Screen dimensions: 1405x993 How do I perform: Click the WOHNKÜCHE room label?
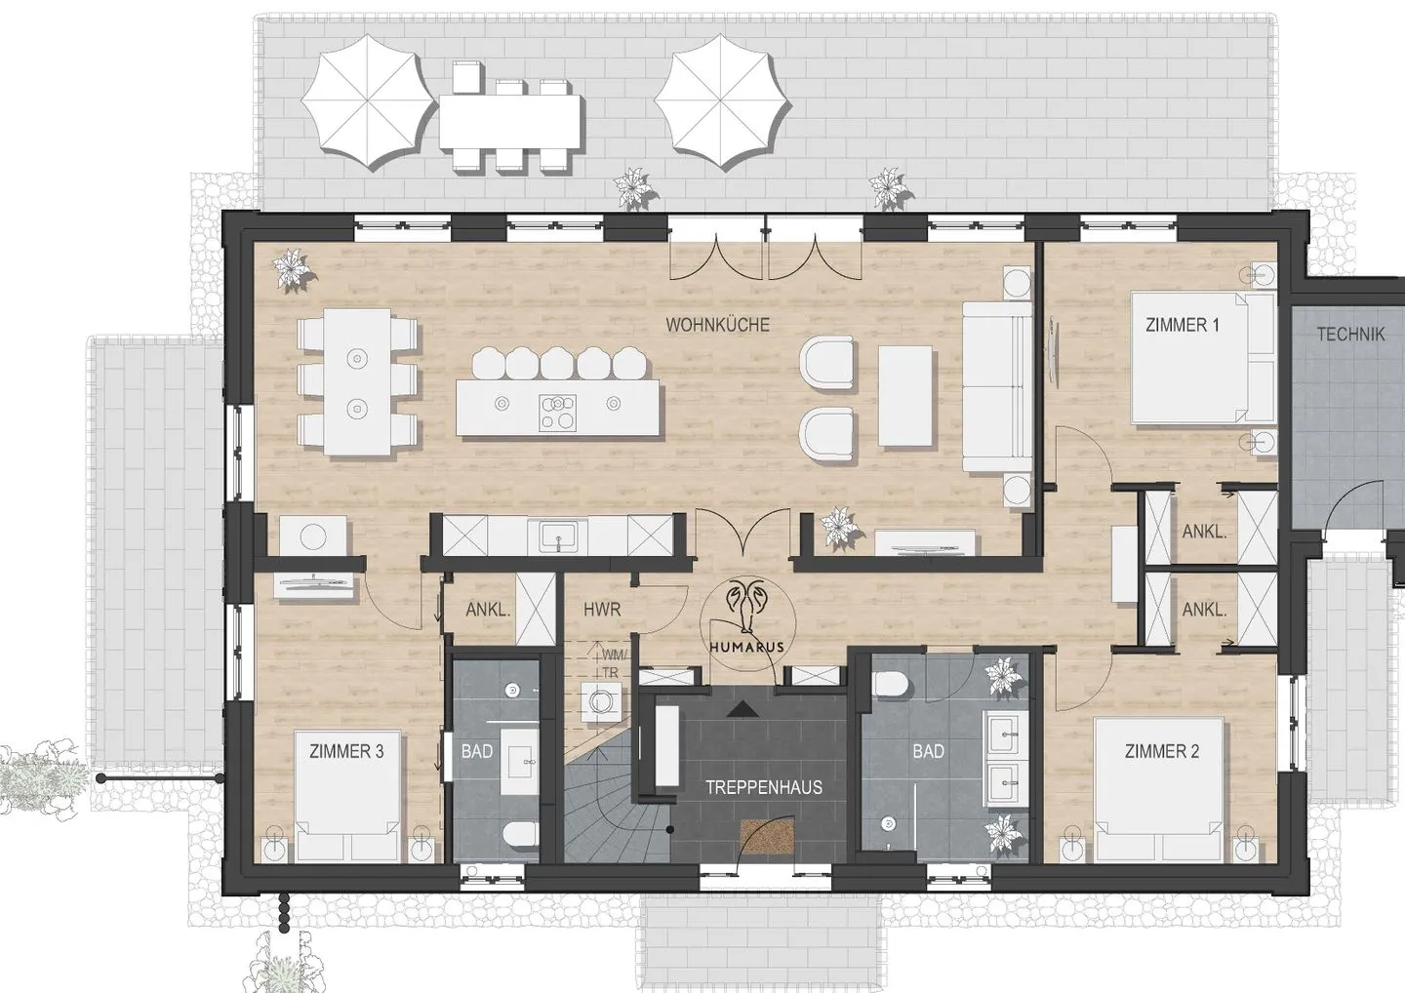tap(717, 325)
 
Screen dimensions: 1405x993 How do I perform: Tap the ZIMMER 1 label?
tap(1183, 325)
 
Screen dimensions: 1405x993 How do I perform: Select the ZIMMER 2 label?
tap(1162, 751)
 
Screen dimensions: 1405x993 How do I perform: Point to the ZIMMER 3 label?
tap(346, 751)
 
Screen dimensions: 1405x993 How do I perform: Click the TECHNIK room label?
tap(1350, 335)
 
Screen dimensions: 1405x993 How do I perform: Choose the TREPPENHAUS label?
tap(763, 787)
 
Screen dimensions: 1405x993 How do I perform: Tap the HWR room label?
tap(601, 610)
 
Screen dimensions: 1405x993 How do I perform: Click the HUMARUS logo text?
tap(746, 647)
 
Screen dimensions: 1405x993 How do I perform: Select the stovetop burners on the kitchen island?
tap(557, 412)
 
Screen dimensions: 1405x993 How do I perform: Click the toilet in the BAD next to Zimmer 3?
tap(521, 834)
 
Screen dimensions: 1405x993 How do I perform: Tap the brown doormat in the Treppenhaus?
tap(768, 837)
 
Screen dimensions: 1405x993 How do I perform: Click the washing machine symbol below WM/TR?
tap(601, 701)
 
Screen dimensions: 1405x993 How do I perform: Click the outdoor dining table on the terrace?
tap(509, 120)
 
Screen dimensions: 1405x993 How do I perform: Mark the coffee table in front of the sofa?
tap(904, 396)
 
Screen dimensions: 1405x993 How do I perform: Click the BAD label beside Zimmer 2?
tap(928, 751)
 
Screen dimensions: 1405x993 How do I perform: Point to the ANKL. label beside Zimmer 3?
tap(488, 610)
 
